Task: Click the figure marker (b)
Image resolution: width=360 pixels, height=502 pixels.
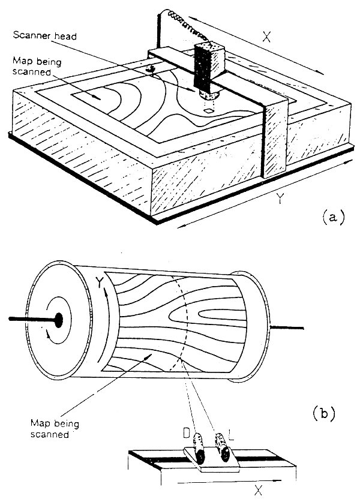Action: (325, 413)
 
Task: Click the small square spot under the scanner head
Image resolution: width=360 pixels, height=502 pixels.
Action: (208, 111)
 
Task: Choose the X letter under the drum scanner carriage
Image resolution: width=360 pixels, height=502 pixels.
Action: (259, 490)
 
